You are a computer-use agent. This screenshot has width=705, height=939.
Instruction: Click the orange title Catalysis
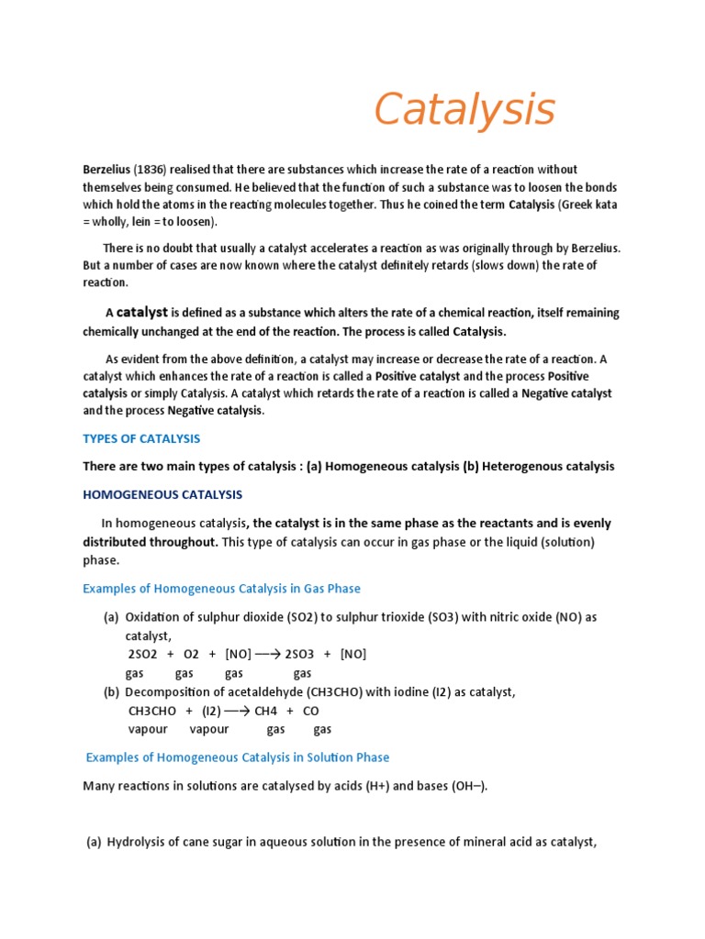[x=464, y=110]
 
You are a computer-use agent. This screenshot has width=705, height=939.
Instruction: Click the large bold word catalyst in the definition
[x=142, y=313]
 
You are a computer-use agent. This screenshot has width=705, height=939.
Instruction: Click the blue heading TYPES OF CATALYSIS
[x=141, y=438]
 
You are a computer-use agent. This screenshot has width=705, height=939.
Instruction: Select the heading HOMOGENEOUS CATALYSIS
[x=162, y=494]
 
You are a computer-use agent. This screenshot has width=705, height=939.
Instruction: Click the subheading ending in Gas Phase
[x=221, y=588]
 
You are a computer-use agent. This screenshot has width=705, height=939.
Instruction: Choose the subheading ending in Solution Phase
[x=237, y=757]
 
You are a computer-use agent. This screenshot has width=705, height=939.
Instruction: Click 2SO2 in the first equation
[x=142, y=654]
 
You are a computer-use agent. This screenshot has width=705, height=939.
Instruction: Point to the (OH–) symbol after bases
[x=466, y=786]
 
